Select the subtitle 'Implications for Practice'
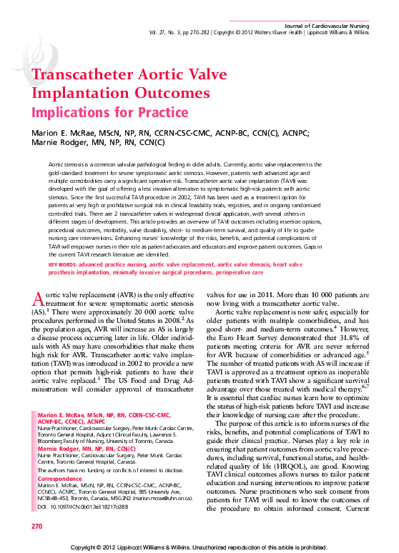point(109,112)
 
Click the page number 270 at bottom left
point(37,526)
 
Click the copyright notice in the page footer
point(199,547)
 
